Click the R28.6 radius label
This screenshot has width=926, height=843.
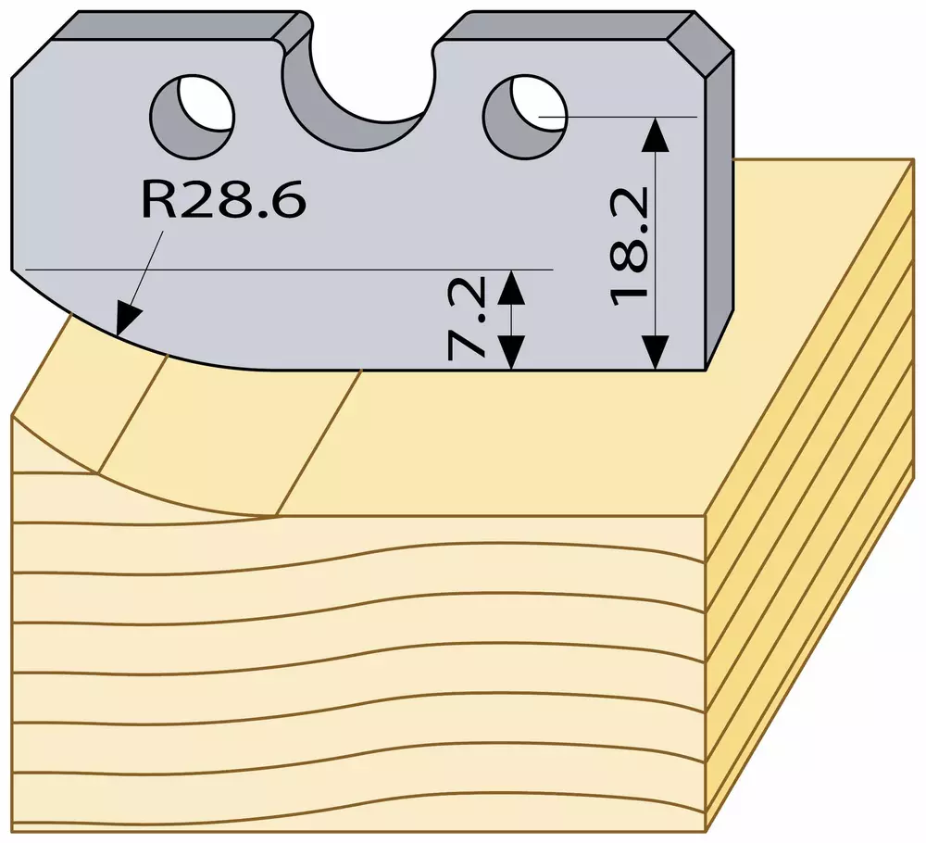[x=224, y=199]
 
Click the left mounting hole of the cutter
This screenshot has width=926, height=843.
[x=193, y=116]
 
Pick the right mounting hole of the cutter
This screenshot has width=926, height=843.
[x=525, y=116]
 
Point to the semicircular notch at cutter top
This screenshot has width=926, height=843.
[x=357, y=94]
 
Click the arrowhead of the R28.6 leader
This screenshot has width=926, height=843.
[x=126, y=320]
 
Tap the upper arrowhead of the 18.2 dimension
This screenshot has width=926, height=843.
[x=656, y=134]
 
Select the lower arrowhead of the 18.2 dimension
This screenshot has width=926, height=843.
[x=656, y=353]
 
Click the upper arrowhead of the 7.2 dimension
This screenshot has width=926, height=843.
[x=511, y=287]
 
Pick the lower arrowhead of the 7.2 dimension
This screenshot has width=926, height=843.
[x=511, y=353]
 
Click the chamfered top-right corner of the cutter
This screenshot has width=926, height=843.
[x=701, y=44]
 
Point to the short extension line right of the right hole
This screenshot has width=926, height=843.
[x=618, y=117]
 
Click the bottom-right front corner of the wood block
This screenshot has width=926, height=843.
[x=707, y=832]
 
